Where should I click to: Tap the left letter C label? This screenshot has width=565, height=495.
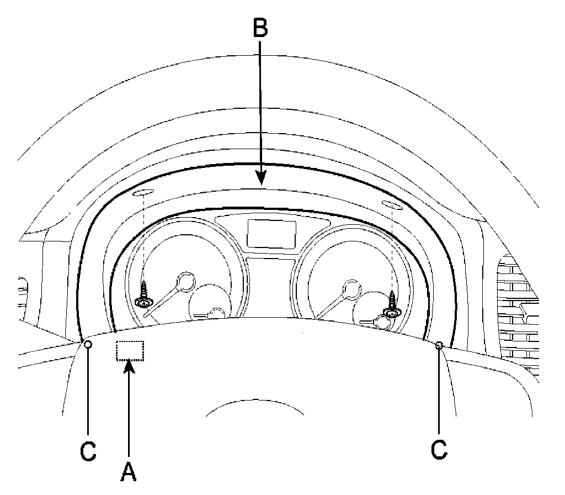click(x=88, y=450)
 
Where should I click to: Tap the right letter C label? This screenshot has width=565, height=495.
click(x=439, y=449)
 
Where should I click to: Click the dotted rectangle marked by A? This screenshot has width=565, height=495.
click(x=130, y=351)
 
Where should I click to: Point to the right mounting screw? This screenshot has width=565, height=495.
click(x=393, y=303)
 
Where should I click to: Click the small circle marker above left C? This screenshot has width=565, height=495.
click(x=88, y=345)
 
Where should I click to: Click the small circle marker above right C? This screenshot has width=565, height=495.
click(x=439, y=345)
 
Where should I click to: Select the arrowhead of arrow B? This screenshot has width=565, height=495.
click(x=260, y=178)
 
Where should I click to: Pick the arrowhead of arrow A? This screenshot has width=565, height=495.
click(x=129, y=367)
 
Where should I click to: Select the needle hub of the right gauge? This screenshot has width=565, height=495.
click(x=349, y=287)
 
